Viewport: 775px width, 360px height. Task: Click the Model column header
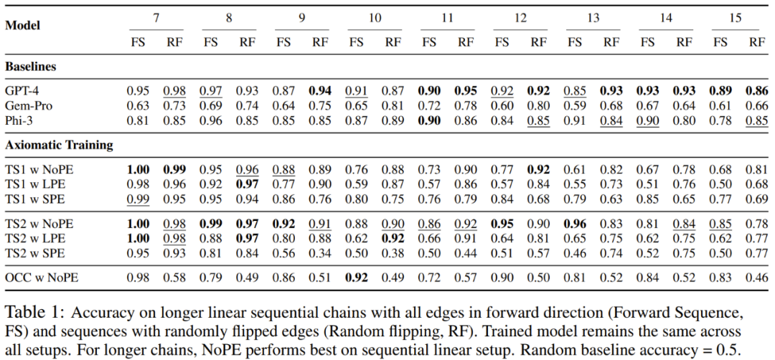tap(23, 25)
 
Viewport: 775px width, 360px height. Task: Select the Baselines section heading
tap(31, 67)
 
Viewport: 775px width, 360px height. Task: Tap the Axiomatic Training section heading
tap(60, 145)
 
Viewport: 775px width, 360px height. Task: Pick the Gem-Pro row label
tap(29, 105)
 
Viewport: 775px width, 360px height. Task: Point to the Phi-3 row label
tap(22, 120)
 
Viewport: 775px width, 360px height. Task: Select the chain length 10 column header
tap(375, 17)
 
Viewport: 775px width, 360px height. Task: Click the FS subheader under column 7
tap(138, 42)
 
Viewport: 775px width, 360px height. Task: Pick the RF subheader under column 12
tap(538, 42)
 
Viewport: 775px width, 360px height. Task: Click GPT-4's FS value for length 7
tap(138, 91)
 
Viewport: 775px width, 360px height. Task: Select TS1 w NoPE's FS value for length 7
tap(138, 169)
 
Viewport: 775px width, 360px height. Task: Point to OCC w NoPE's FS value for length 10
tap(356, 276)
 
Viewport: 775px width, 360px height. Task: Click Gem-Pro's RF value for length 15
tap(756, 105)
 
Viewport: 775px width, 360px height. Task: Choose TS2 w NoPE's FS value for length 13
tap(574, 224)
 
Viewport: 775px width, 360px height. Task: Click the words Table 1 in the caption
tap(34, 313)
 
